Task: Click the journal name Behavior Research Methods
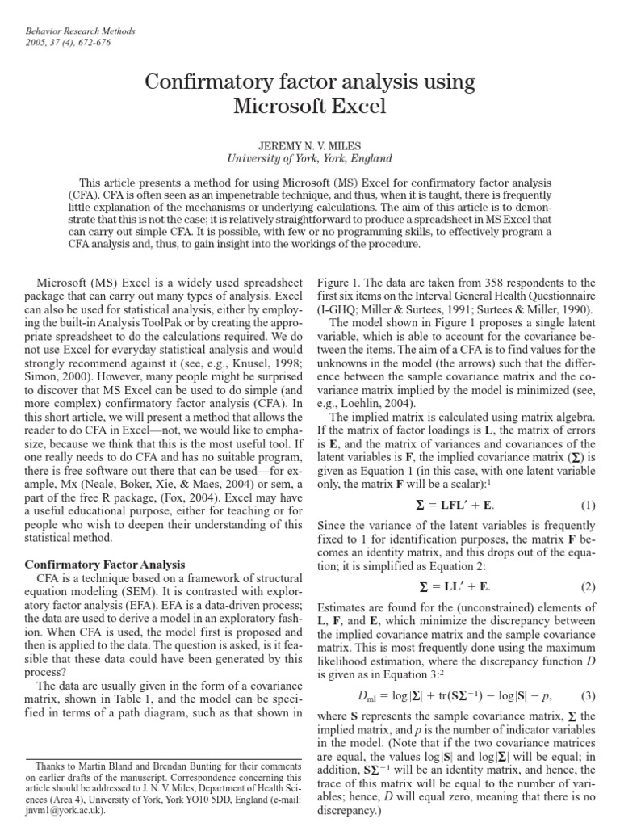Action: [x=78, y=31]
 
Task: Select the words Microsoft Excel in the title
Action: [x=310, y=106]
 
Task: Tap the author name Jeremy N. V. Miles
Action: [x=310, y=145]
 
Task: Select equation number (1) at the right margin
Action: [x=587, y=506]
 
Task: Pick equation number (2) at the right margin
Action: [x=587, y=586]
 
